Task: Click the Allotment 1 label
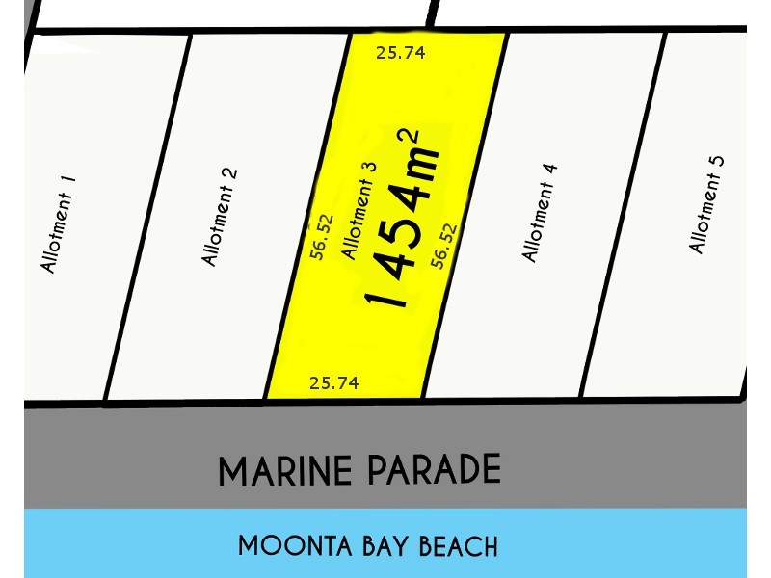(x=58, y=232)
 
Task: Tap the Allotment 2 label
(x=221, y=217)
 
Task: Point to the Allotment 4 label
(x=540, y=213)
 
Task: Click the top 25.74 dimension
(x=401, y=52)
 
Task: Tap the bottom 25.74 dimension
(x=334, y=383)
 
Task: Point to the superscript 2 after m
(x=414, y=138)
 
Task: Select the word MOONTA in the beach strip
(x=285, y=546)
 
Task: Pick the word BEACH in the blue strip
(x=458, y=546)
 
